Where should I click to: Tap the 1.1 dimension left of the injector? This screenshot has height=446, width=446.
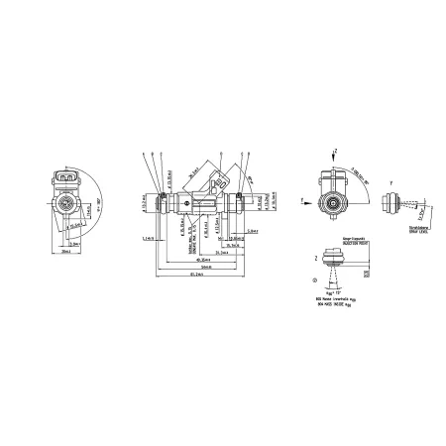(x=148, y=239)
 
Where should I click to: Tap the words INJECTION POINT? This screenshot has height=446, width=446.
(x=358, y=242)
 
